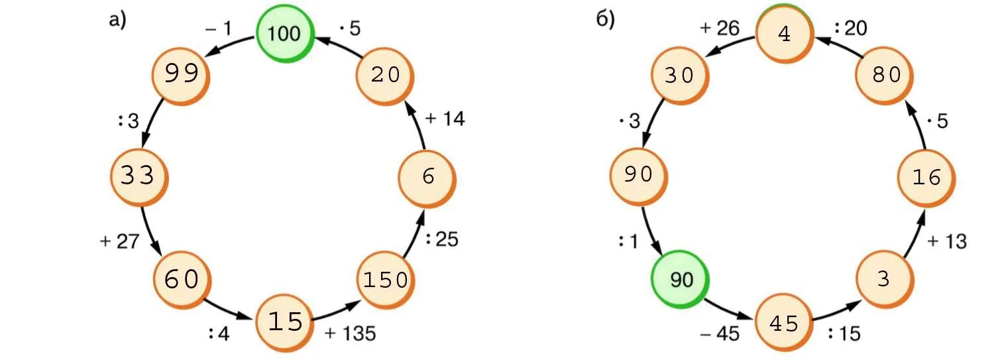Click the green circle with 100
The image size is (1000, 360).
tap(284, 33)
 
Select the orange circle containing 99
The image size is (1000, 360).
tap(181, 74)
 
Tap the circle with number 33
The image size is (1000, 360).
tap(138, 176)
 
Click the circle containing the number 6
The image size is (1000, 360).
tap(427, 176)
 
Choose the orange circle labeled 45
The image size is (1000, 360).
tap(784, 323)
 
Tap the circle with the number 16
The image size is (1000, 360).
tap(926, 176)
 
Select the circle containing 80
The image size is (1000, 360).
tap(885, 74)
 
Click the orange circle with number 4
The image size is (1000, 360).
tap(784, 33)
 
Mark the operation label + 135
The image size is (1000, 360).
tap(351, 333)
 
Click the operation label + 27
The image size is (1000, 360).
tap(119, 241)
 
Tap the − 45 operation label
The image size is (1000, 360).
tap(720, 333)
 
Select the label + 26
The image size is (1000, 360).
tap(719, 28)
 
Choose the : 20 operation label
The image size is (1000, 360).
tap(850, 28)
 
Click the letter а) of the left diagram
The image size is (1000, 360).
tap(117, 20)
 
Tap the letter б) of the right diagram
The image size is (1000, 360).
tap(606, 20)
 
